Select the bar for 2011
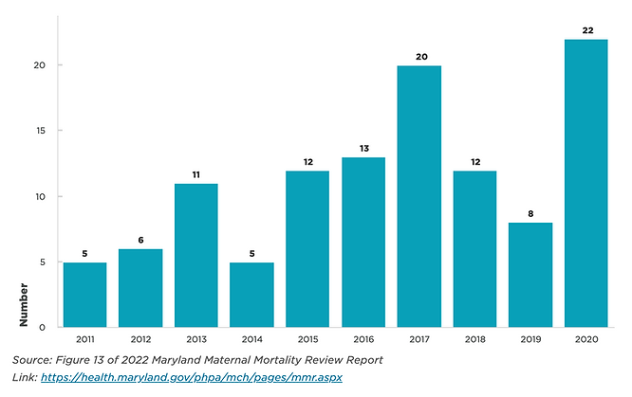84,295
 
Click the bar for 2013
196,255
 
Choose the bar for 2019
530,275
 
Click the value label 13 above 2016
363,148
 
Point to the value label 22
586,29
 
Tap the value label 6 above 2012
140,240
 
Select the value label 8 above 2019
530,213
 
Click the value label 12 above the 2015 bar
308,161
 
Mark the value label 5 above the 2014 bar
252,253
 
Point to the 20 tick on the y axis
39,65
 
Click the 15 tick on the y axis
39,131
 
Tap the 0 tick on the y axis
42,327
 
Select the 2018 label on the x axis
474,338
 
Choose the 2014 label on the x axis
252,338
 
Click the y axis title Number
23,302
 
